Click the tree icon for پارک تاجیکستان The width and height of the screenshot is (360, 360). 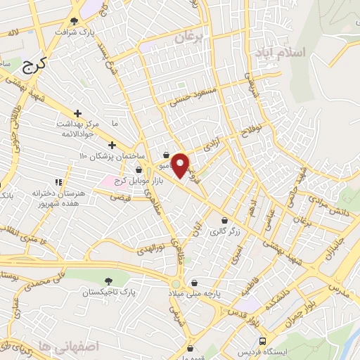tap(107, 281)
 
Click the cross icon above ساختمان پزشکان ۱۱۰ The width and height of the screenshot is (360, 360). tap(112, 144)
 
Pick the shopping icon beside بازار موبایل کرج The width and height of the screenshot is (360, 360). tap(138, 169)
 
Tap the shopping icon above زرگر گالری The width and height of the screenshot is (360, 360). tap(224, 220)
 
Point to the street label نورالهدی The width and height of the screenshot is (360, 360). tap(150, 248)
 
